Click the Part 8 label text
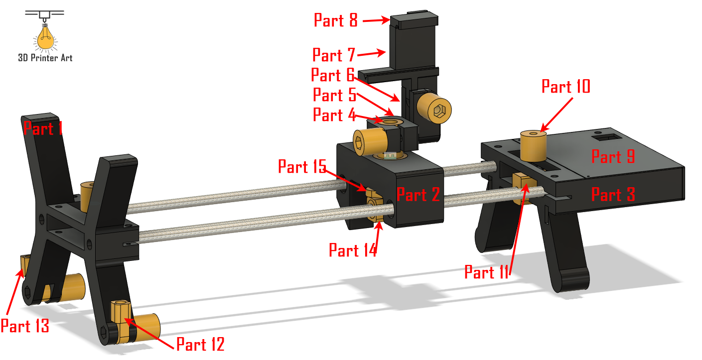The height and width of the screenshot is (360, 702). pyautogui.click(x=336, y=20)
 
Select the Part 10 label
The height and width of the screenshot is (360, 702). pyautogui.click(x=565, y=87)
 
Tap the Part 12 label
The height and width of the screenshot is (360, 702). pyautogui.click(x=200, y=344)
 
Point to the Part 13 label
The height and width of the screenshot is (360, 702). pyautogui.click(x=25, y=326)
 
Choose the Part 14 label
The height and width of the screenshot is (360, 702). pyautogui.click(x=352, y=250)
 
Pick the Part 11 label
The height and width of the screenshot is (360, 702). pyautogui.click(x=487, y=272)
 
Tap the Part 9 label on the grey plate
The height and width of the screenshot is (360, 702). pyautogui.click(x=613, y=156)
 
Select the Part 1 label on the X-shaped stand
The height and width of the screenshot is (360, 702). pyautogui.click(x=43, y=129)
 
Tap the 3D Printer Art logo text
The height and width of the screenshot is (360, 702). pyautogui.click(x=45, y=58)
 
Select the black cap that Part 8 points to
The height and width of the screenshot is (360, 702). pyautogui.click(x=414, y=21)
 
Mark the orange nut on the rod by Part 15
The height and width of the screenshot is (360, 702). pyautogui.click(x=374, y=199)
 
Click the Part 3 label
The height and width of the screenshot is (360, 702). pyautogui.click(x=613, y=194)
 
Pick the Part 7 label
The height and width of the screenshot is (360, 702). pyautogui.click(x=334, y=55)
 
